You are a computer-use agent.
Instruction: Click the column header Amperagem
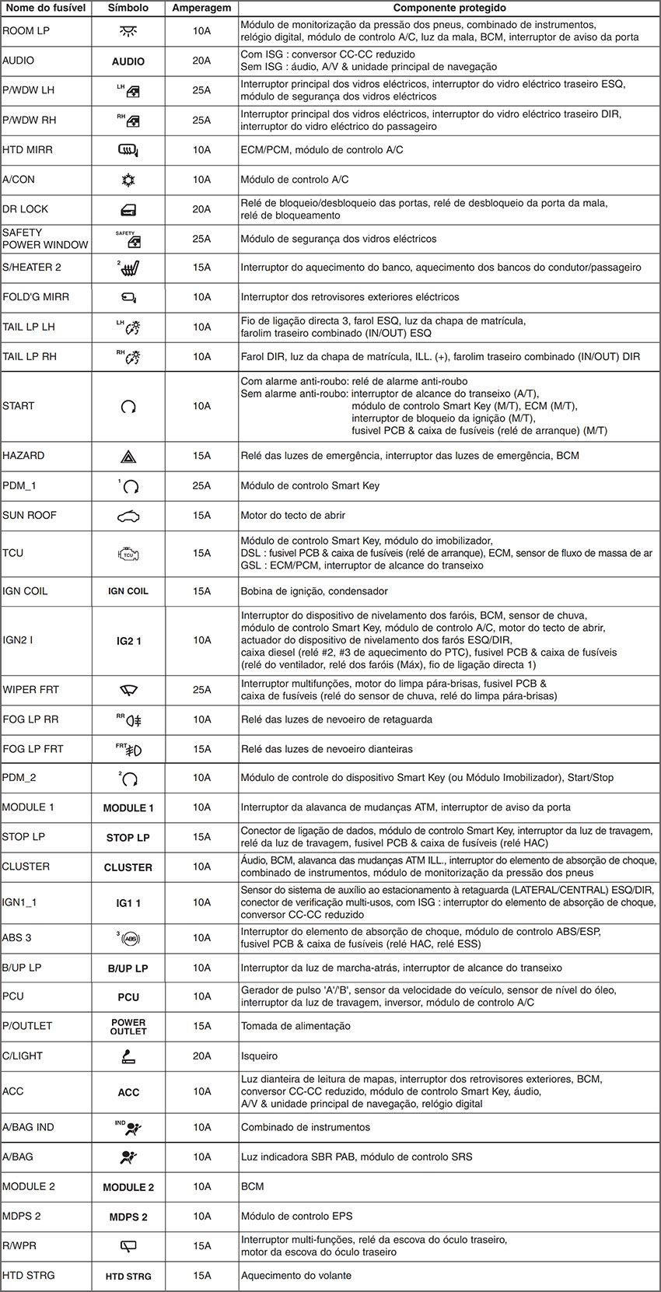pos(201,8)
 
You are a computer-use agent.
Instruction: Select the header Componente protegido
pos(449,8)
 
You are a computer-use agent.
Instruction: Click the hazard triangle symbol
pos(128,457)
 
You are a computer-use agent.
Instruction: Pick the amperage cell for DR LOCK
pos(201,209)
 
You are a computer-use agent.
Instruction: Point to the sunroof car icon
pos(128,516)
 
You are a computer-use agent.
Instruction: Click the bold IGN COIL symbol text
pos(128,591)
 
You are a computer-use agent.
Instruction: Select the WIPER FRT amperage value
pos(201,690)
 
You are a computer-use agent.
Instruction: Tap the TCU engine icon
pos(128,554)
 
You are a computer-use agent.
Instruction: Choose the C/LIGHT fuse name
pos(23,1056)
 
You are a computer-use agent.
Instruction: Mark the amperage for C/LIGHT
pos(201,1056)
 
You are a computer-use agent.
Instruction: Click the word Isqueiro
pos(259,1056)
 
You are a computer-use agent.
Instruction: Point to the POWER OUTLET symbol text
pos(128,1027)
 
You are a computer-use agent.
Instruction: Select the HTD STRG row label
pos(28,1275)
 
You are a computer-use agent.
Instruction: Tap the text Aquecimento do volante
pos(296,1276)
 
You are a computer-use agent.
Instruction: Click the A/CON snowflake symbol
pos(128,180)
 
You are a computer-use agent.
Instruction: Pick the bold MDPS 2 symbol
pos(128,1217)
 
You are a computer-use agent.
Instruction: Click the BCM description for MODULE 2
pos(252,1187)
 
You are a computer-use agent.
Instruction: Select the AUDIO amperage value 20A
pos(201,61)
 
